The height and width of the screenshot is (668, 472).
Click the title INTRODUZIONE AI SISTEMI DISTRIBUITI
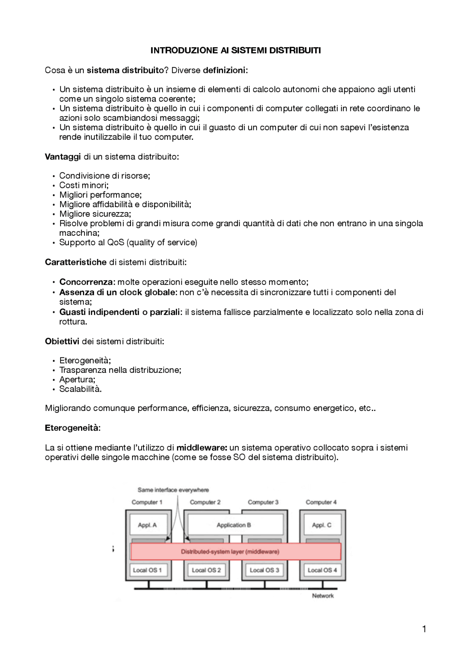(x=236, y=51)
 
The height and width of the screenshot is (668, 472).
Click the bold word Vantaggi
(x=63, y=157)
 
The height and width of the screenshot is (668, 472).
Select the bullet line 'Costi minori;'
(x=84, y=185)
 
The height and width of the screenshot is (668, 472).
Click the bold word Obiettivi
(x=62, y=341)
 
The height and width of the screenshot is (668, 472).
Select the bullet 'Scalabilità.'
(x=80, y=389)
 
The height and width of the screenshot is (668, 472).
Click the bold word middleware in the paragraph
(x=201, y=448)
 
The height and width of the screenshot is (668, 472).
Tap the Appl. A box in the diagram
(x=147, y=525)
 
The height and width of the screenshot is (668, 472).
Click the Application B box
(x=234, y=525)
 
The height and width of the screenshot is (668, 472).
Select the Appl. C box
(x=322, y=525)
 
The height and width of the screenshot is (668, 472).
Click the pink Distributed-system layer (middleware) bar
(x=235, y=552)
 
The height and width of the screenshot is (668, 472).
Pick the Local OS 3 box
(x=264, y=570)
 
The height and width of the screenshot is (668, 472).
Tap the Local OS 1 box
(x=147, y=570)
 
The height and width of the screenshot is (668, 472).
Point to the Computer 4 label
(x=321, y=502)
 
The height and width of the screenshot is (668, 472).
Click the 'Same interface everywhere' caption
(x=173, y=490)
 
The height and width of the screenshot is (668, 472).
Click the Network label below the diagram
(x=323, y=596)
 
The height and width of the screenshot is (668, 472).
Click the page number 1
(x=424, y=629)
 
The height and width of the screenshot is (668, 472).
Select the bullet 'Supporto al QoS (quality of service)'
(x=128, y=243)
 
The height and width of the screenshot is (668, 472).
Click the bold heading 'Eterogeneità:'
(x=73, y=428)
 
